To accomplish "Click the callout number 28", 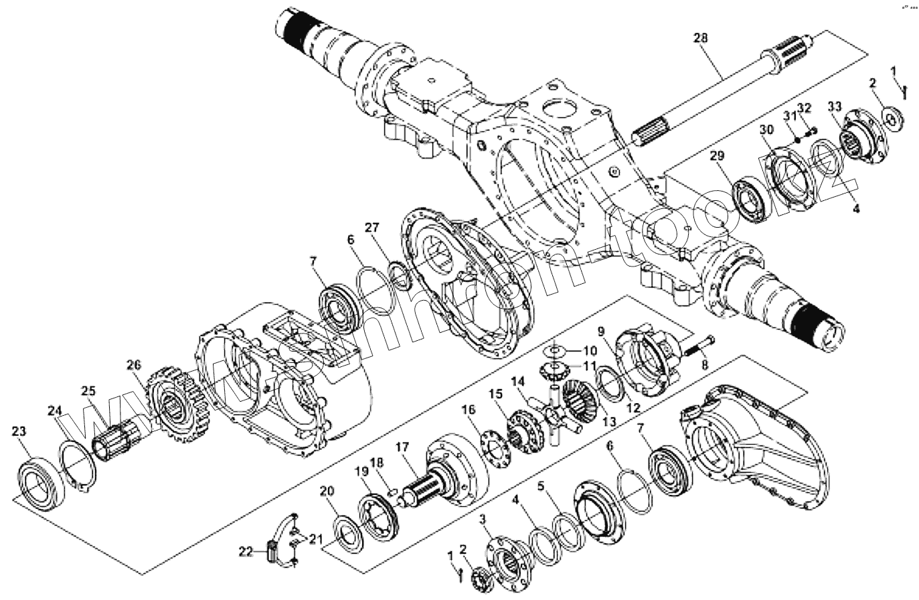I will pyautogui.click(x=701, y=38).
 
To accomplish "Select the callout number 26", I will pyautogui.click(x=134, y=365).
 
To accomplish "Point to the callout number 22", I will pyautogui.click(x=246, y=551).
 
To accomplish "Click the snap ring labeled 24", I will pyautogui.click(x=79, y=465).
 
